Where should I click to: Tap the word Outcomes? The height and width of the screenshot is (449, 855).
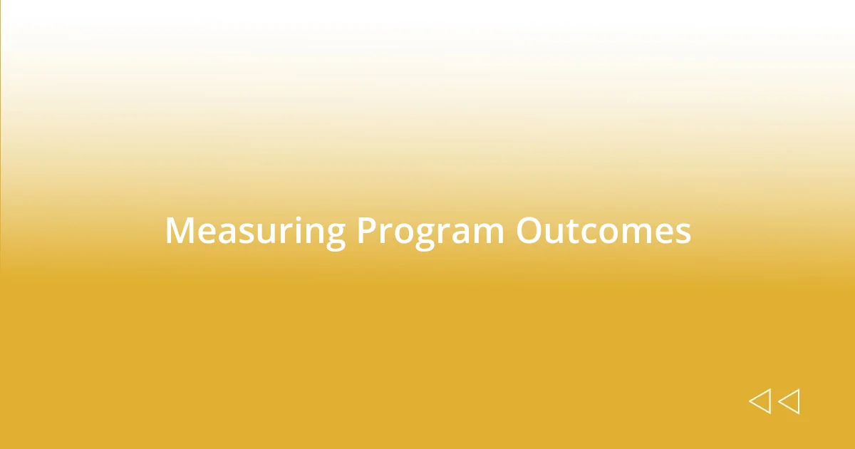pyautogui.click(x=603, y=231)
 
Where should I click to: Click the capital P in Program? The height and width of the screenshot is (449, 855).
pyautogui.click(x=367, y=231)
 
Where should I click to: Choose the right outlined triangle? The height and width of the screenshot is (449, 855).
pyautogui.click(x=789, y=401)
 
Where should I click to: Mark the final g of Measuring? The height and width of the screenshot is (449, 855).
pyautogui.click(x=335, y=237)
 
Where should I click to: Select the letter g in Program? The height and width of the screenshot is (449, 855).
pyautogui.click(x=425, y=237)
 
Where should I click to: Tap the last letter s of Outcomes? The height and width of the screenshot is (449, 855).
pyautogui.click(x=683, y=234)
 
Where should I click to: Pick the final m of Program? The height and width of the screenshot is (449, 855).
pyautogui.click(x=488, y=234)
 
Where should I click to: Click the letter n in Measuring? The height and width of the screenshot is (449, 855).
pyautogui.click(x=313, y=234)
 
